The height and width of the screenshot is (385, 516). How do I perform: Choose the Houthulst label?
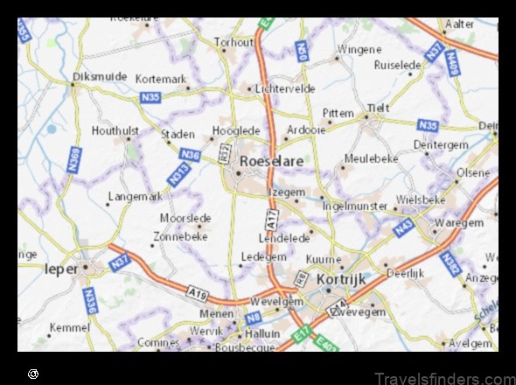115,131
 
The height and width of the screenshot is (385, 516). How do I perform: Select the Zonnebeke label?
180,236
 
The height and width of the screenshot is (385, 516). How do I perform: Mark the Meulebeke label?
371,158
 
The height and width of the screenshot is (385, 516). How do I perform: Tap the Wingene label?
359,50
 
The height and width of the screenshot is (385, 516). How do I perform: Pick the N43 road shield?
404,229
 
